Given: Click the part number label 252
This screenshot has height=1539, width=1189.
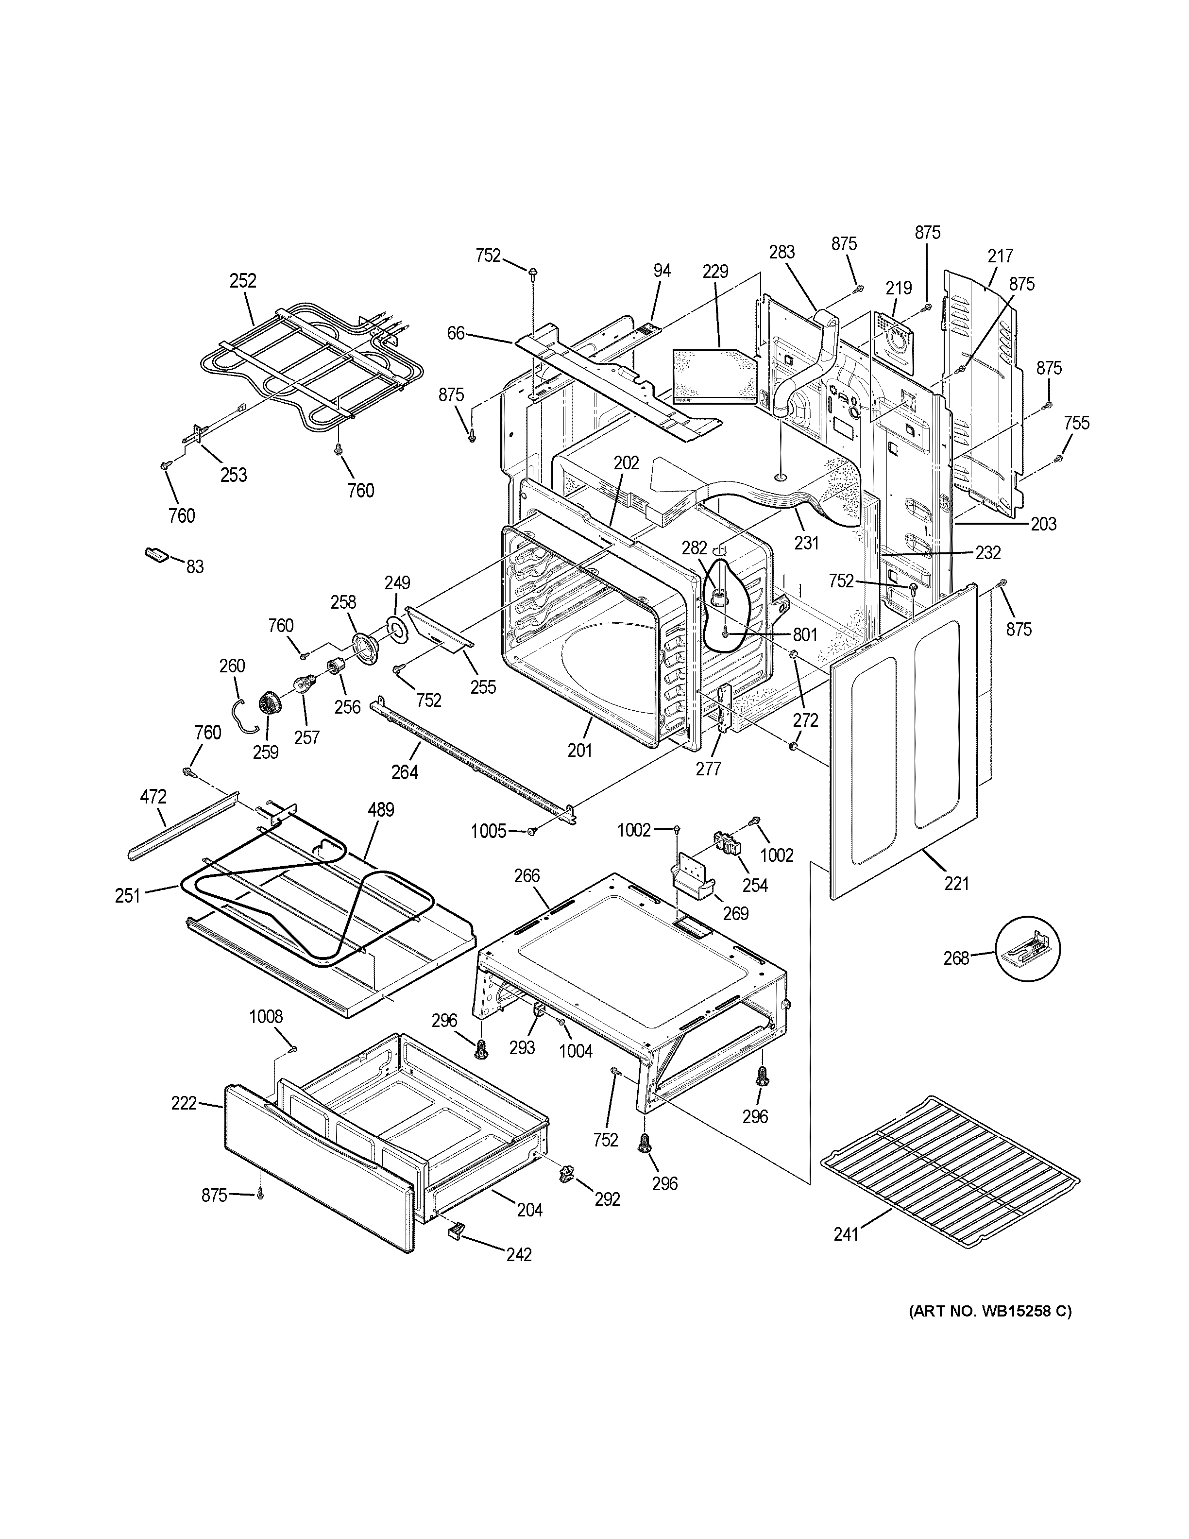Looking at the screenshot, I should pos(242,280).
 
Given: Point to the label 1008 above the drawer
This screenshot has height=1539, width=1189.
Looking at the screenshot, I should pos(266,1017).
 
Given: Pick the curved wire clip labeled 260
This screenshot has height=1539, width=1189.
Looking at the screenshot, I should pos(243,715).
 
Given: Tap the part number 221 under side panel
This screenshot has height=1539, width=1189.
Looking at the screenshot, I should pos(956,882).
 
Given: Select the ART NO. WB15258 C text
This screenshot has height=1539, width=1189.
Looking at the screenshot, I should pos(989,1311).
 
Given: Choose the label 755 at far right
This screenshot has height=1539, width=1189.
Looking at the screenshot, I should pos(1076,423).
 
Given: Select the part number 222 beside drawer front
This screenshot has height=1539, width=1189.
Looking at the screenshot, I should pos(184,1103).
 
